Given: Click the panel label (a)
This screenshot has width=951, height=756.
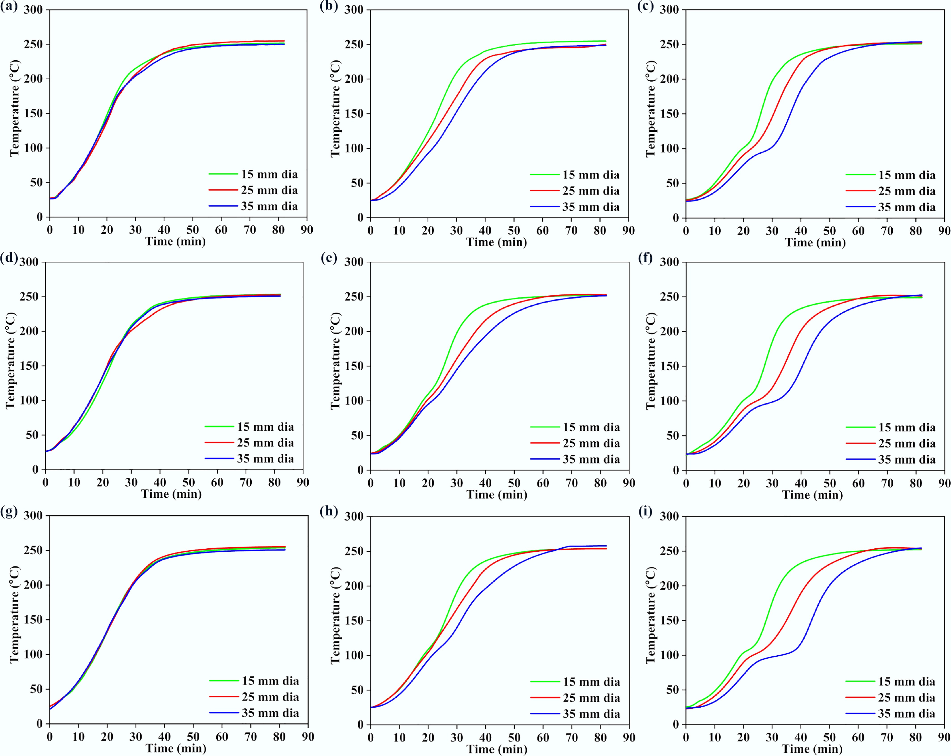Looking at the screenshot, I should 9,7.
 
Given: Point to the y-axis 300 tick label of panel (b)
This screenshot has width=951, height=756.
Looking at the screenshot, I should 354,10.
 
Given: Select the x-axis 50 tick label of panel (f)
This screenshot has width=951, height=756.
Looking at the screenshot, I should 829,483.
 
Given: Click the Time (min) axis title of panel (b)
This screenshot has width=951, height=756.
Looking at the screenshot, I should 497,242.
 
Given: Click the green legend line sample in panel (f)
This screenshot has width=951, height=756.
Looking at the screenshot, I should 860,427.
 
